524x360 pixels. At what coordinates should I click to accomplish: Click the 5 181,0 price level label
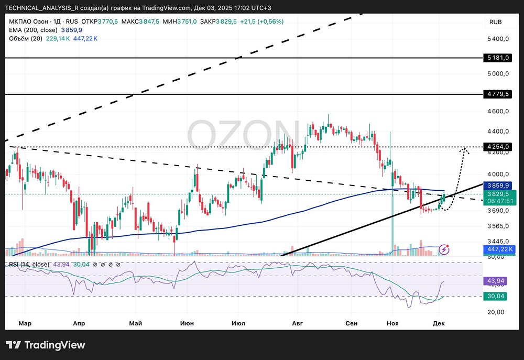coord(498,58)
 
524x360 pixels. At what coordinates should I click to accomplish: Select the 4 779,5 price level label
coord(498,94)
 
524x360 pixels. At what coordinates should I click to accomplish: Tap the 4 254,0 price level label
coord(498,147)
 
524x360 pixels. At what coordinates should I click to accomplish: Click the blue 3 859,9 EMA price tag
coord(498,186)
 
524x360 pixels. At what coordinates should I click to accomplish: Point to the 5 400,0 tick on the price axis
coord(497,39)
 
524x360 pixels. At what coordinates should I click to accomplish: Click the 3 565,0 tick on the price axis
coord(497,226)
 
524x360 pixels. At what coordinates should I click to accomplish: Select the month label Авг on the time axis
coord(298,323)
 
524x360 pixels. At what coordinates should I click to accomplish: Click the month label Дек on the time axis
coord(439,323)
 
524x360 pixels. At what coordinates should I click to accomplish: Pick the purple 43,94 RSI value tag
coord(497,281)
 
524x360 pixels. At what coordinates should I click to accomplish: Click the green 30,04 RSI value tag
coord(497,296)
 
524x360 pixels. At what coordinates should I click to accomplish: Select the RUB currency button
coord(495,22)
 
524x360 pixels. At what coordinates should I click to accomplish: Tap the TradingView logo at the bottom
coord(46,345)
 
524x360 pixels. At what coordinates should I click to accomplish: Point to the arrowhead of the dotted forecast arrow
coord(464,151)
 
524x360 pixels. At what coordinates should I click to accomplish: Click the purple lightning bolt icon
coord(444,249)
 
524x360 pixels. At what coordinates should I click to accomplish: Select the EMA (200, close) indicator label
coord(32,30)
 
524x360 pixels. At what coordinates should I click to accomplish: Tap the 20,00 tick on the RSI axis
coord(496,312)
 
